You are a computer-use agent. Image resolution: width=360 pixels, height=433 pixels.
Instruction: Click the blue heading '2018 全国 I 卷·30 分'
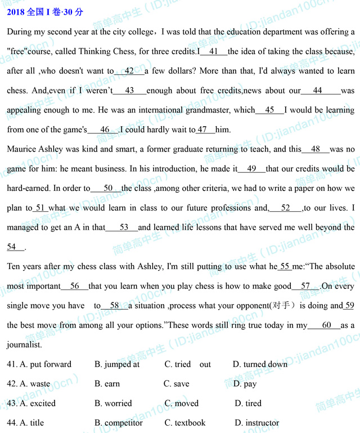[45, 12]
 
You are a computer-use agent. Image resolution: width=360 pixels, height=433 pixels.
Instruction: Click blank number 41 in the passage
[214, 51]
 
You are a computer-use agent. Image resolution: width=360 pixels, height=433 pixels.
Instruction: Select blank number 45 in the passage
[269, 110]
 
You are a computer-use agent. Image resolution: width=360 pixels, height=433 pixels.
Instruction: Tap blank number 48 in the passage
[316, 149]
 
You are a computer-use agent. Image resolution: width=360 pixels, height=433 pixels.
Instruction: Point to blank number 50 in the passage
[109, 188]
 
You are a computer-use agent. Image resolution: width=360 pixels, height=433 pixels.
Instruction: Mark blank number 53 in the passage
[124, 227]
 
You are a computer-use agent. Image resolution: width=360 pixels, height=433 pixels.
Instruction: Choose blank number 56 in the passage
[74, 286]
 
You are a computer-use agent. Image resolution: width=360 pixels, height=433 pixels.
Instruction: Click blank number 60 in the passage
[327, 325]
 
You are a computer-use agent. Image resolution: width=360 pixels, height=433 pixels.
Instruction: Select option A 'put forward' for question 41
[46, 364]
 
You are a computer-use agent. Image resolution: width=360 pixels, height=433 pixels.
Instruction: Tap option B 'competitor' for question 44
[119, 423]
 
